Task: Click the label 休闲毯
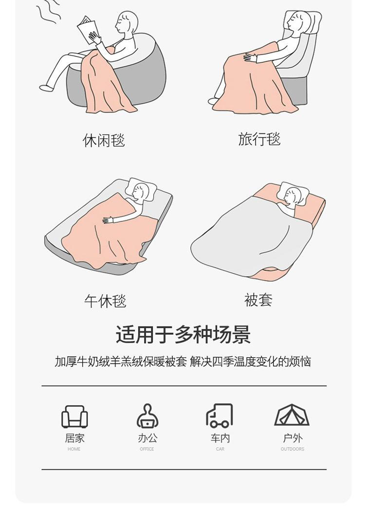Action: pyautogui.click(x=104, y=140)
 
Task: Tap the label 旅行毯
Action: pyautogui.click(x=259, y=139)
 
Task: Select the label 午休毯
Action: pyautogui.click(x=105, y=301)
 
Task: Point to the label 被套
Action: pyautogui.click(x=258, y=300)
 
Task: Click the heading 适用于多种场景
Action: pyautogui.click(x=183, y=334)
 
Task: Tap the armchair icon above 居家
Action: pyautogui.click(x=74, y=417)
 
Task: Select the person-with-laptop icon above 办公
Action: pyautogui.click(x=147, y=416)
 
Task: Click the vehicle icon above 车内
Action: pyautogui.click(x=219, y=416)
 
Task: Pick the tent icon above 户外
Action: pyautogui.click(x=292, y=415)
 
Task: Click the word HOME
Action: pyautogui.click(x=74, y=449)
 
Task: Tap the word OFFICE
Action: pyautogui.click(x=147, y=449)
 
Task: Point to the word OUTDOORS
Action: pyautogui.click(x=292, y=449)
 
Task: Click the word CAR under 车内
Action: pyautogui.click(x=220, y=449)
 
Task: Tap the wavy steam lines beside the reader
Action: pyautogui.click(x=48, y=12)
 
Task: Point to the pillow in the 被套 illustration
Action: pyautogui.click(x=292, y=194)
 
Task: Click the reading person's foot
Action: pyautogui.click(x=46, y=88)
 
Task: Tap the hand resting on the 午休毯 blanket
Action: pyautogui.click(x=108, y=220)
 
